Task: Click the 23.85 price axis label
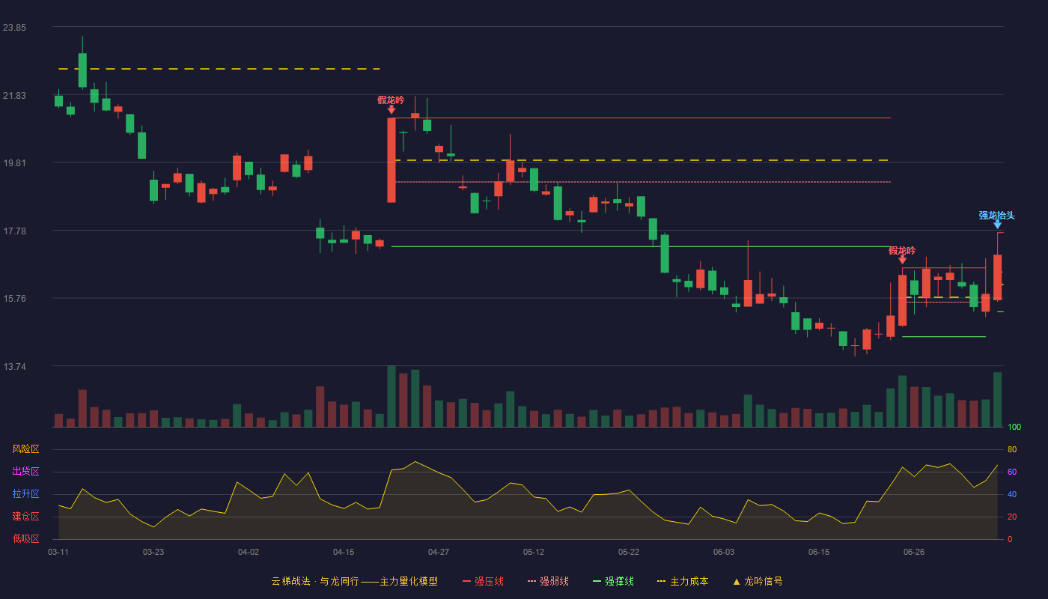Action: coord(14,28)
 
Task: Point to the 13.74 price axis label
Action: coord(14,366)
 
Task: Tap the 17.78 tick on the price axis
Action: coord(14,231)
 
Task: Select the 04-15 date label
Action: coord(344,553)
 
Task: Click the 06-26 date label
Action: coord(914,553)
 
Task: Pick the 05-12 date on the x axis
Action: coord(533,553)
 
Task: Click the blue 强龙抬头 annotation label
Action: coord(996,216)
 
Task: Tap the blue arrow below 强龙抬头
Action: coord(997,225)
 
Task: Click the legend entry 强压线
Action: coord(483,581)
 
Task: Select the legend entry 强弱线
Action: coord(548,581)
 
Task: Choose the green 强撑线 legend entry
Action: coord(613,581)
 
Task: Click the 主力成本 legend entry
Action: coord(683,581)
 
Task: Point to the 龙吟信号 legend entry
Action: coord(758,581)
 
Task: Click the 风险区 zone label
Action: coord(25,449)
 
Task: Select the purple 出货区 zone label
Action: coord(25,471)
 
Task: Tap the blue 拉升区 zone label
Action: coord(25,493)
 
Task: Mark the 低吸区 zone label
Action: coord(25,538)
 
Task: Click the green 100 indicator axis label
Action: coord(1014,427)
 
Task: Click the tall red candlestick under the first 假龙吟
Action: coord(391,160)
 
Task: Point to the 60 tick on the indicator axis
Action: coord(1012,472)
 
